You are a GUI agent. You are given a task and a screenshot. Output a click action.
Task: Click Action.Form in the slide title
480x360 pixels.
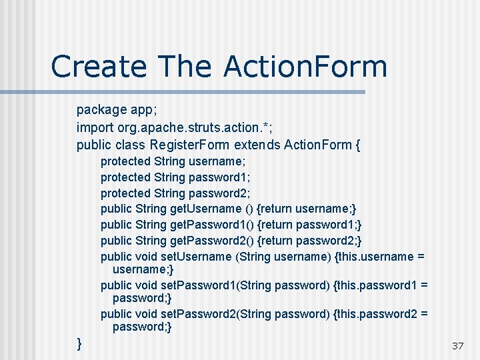click(306, 67)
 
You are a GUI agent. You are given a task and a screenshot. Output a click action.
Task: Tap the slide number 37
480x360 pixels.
click(457, 345)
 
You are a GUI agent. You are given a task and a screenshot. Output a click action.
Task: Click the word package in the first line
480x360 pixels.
click(101, 109)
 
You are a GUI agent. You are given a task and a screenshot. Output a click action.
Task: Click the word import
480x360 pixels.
click(95, 127)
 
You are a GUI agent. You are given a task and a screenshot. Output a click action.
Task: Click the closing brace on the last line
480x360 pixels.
click(80, 343)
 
